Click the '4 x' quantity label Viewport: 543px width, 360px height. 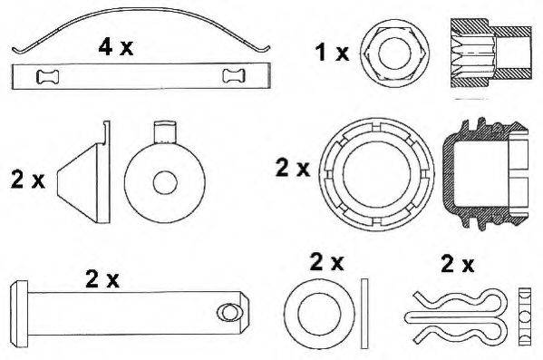tap(115, 48)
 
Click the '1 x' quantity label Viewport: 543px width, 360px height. tap(333, 53)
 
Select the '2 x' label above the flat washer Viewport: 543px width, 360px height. tap(326, 262)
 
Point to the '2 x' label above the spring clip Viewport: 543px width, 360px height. tap(457, 265)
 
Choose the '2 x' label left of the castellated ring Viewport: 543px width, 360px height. tap(292, 167)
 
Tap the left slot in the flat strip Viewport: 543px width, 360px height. tap(46, 76)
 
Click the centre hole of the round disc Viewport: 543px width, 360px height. tap(164, 181)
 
